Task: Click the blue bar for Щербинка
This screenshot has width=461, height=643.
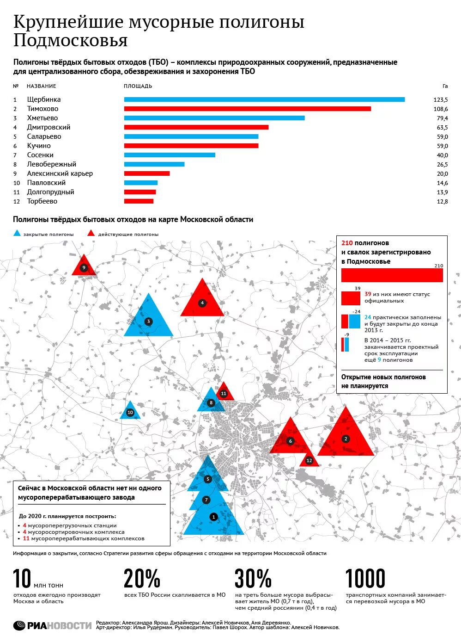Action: (264, 99)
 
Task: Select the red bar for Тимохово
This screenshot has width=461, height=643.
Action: (248, 109)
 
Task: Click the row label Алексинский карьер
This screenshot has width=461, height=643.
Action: (60, 173)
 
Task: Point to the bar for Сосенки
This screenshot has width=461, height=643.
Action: (170, 155)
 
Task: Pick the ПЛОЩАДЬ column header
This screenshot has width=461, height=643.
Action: (138, 86)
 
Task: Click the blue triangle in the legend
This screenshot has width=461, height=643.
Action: (17, 233)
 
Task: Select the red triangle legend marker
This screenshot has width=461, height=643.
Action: (91, 233)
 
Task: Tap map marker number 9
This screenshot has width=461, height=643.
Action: (84, 267)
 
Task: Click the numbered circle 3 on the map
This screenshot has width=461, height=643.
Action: (148, 321)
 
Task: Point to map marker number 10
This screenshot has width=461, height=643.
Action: (130, 413)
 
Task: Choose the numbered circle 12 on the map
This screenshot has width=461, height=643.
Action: (309, 460)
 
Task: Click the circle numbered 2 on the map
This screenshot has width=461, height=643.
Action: (346, 439)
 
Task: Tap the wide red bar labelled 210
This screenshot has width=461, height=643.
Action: (392, 275)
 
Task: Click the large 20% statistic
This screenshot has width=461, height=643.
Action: (142, 579)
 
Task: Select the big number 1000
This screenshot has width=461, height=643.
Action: (365, 579)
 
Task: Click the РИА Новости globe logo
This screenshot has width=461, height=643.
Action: (19, 625)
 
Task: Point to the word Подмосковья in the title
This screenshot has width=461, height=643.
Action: (71, 40)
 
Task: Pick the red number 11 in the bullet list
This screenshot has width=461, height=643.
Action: (26, 538)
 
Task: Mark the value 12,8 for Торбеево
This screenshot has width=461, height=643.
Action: (443, 202)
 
